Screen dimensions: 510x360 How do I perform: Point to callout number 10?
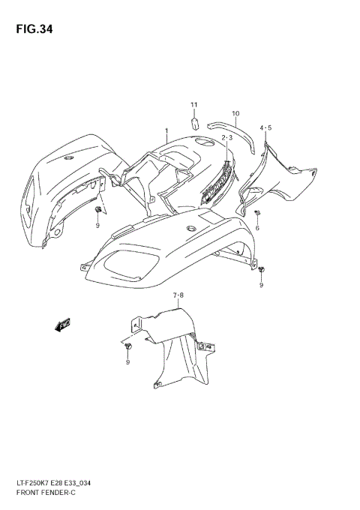tap(235, 114)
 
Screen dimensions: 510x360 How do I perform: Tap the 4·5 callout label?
tap(265, 128)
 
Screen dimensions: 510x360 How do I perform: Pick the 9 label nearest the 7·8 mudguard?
tap(127, 362)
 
